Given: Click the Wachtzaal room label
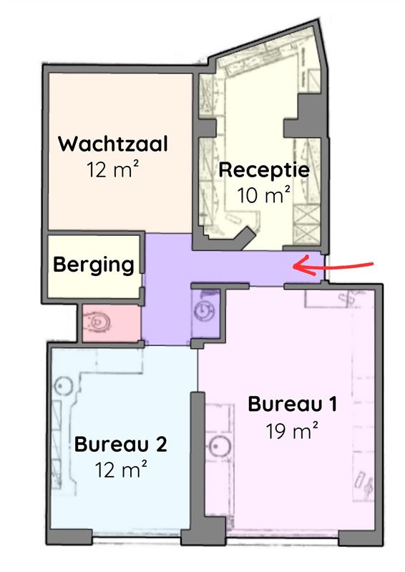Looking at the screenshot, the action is point(113,144).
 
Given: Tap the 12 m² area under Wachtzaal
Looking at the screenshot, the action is point(113,169).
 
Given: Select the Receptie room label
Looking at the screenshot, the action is point(264,170).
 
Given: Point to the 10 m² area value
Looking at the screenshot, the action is point(263,194).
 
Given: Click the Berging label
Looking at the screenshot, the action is point(94,265).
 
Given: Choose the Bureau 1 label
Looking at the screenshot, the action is point(292,404).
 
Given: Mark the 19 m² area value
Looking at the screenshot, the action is point(291,431).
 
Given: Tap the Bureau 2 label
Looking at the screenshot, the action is point(120,444).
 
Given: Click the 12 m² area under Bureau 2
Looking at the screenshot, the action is point(121,470).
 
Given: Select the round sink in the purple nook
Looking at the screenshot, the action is point(203,310).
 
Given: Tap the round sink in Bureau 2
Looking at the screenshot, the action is point(64,386).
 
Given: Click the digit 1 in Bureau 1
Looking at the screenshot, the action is point(331,404).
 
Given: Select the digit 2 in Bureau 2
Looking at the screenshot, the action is point(162,444).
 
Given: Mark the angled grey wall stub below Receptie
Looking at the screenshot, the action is point(245,238).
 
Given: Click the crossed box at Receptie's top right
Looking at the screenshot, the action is point(313,80).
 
